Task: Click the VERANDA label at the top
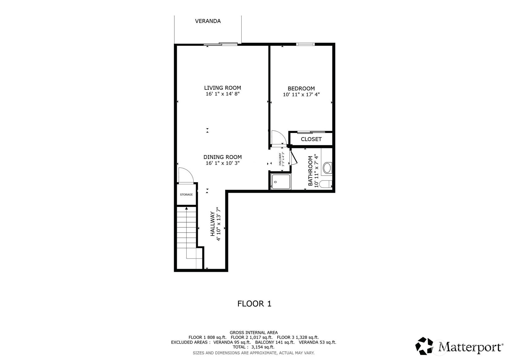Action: [x=208, y=21]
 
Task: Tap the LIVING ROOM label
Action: [x=223, y=88]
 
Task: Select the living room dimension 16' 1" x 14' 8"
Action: [x=223, y=94]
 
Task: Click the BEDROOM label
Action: [x=301, y=88]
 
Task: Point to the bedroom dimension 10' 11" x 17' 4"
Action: [x=301, y=94]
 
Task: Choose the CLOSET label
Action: [x=311, y=139]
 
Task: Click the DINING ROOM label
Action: [x=223, y=157]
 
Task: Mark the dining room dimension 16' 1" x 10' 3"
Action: [x=223, y=163]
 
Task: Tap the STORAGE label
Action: [x=186, y=195]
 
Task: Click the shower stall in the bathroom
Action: [x=281, y=182]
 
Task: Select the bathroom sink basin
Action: [x=327, y=168]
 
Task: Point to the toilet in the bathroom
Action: [x=325, y=184]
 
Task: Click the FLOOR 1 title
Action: [x=254, y=304]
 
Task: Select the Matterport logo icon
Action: [x=424, y=346]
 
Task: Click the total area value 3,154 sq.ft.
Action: [x=263, y=347]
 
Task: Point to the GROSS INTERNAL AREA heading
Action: [x=254, y=332]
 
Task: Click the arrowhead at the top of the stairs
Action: [x=186, y=208]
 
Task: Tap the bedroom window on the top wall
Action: [x=305, y=44]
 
